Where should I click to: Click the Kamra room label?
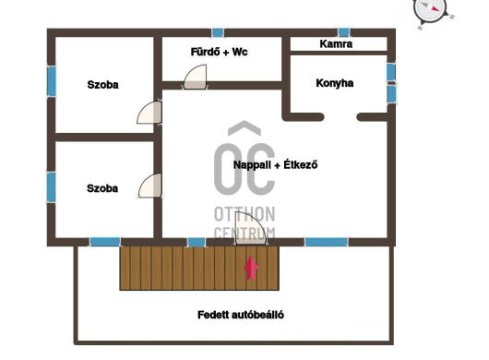(336, 44)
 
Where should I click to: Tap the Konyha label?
(335, 83)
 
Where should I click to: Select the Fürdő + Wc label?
(219, 52)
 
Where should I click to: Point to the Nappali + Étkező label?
(275, 164)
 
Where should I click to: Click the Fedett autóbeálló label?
(241, 315)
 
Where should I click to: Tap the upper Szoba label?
(102, 85)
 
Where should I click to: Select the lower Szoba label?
(102, 188)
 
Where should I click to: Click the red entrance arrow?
(251, 268)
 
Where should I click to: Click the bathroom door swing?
(196, 77)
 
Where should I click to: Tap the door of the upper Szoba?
(149, 113)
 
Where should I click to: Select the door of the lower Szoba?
(150, 186)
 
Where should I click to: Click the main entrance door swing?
(250, 228)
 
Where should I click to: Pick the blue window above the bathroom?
(218, 32)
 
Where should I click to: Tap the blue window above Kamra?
(343, 32)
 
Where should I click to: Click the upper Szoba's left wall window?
(52, 81)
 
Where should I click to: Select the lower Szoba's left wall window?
(51, 187)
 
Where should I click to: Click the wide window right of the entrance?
(327, 242)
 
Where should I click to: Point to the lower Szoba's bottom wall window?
(105, 242)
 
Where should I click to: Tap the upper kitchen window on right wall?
(391, 72)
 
